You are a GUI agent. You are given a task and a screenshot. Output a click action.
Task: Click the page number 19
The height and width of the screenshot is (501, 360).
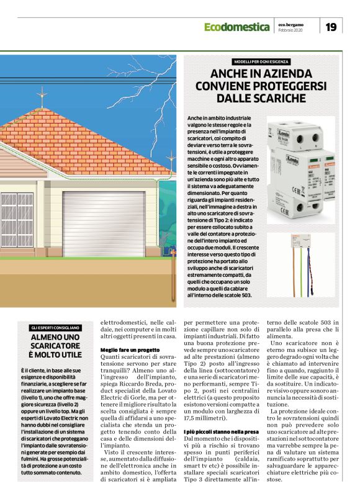point(330,27)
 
